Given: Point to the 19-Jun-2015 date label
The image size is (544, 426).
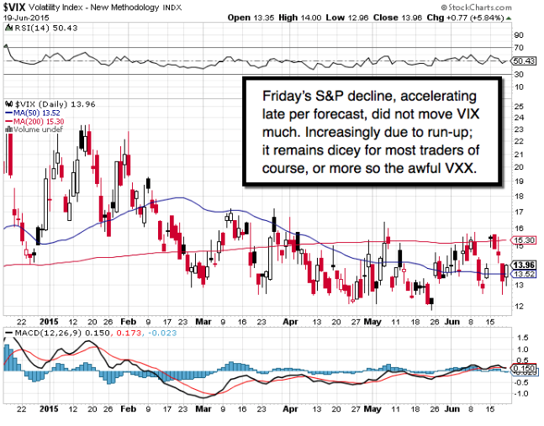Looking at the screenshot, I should pyautogui.click(x=24, y=16).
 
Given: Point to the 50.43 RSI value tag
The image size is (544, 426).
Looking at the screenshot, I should pyautogui.click(x=524, y=60).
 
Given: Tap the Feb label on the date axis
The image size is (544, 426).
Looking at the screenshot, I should pyautogui.click(x=129, y=321).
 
